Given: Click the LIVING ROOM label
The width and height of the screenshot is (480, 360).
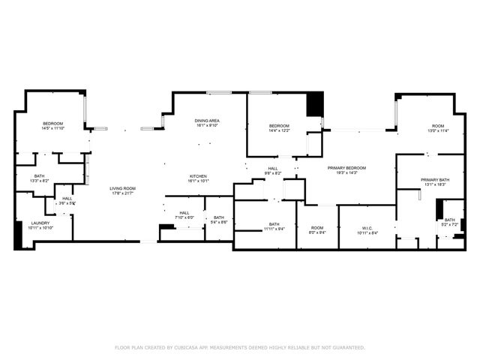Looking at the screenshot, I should pos(122,188).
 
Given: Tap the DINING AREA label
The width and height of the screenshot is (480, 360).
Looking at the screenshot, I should pos(207,121).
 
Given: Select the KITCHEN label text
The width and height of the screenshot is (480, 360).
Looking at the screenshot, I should pos(198,176).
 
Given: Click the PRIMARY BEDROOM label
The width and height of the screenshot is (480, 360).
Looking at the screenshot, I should pos(346,168).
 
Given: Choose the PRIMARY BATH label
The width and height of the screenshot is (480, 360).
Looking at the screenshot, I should pos(435,179).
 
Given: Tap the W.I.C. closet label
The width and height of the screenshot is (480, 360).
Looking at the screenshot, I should pos(367,228).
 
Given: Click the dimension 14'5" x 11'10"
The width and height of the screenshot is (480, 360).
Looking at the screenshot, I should pos(52,128).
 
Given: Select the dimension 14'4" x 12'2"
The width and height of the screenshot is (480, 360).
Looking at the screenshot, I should pos(279,130).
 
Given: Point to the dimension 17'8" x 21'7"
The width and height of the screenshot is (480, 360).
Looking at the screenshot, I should pos(122,193).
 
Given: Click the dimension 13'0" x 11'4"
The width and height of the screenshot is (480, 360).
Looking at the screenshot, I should pos(437,130).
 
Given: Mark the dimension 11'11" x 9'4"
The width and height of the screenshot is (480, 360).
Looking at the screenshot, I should pos(274,229).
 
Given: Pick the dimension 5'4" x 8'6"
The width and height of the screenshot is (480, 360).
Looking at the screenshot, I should pos(219,222).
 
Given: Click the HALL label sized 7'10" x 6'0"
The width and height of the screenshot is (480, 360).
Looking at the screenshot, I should pos(184,212).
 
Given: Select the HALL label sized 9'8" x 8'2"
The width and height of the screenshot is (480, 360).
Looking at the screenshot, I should pos(273,168).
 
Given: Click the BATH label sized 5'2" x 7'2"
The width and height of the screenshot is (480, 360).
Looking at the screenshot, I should pos(449,220).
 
